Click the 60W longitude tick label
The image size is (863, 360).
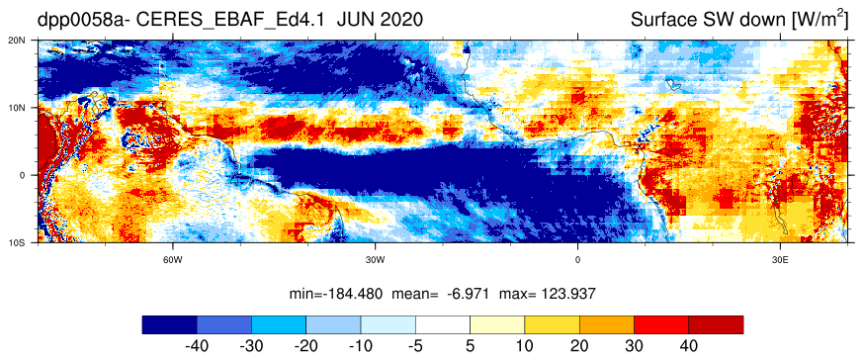click(173, 259)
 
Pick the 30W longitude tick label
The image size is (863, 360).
click(375, 259)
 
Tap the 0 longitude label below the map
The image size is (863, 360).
click(577, 259)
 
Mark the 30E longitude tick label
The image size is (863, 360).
click(780, 259)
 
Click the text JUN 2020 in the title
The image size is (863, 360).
click(380, 21)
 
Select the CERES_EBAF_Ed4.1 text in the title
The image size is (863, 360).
click(233, 21)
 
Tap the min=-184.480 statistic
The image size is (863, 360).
click(336, 294)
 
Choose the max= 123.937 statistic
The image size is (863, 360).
click(547, 294)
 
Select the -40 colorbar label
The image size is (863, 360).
click(197, 346)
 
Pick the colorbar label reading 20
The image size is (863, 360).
click(579, 346)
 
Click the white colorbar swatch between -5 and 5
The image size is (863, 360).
click(443, 324)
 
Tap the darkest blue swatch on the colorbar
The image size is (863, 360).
click(169, 324)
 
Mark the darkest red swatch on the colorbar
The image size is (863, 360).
click(716, 324)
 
